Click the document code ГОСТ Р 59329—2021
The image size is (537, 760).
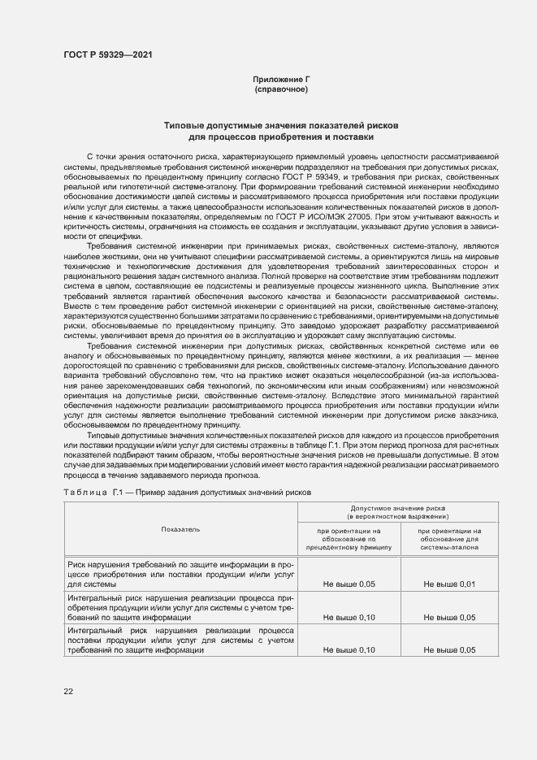pos(107,54)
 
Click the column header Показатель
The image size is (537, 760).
pos(180,529)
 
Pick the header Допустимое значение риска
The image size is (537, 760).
pos(398,510)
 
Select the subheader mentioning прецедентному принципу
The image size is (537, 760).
pos(349,539)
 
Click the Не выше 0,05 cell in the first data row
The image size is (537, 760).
pos(349,584)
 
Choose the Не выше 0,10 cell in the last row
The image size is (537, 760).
pos(349,650)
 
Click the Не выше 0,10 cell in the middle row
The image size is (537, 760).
pos(349,617)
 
